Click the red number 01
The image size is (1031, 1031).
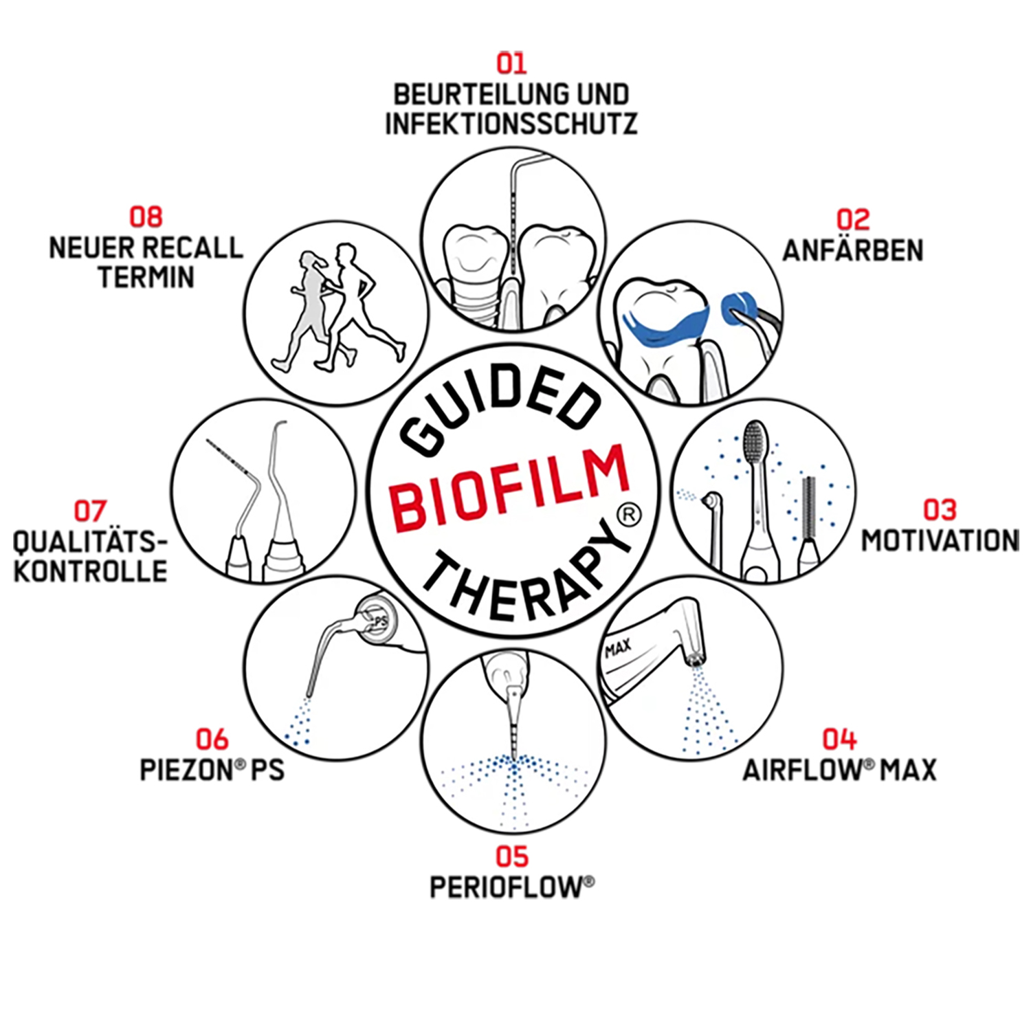click(511, 63)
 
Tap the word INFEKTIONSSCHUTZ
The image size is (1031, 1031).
click(511, 124)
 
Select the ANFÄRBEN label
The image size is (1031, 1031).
click(853, 250)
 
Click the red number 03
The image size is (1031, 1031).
click(940, 510)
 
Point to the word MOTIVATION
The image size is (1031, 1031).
click(940, 540)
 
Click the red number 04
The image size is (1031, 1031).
click(839, 740)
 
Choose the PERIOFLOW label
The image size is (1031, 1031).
click(512, 887)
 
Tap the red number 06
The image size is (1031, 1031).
click(212, 740)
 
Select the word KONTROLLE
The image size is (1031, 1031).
click(90, 572)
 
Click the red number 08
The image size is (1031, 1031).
click(146, 217)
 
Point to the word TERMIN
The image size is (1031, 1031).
click(146, 277)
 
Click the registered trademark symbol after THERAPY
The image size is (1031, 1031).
click(629, 515)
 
